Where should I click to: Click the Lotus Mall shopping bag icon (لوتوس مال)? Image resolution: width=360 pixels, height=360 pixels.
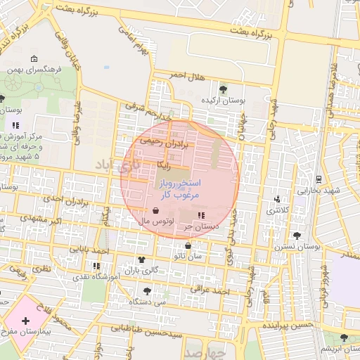(155, 210)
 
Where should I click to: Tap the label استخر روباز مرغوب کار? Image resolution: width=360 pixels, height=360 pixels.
(182, 188)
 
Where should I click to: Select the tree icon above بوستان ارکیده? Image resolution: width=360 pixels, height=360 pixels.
(223, 89)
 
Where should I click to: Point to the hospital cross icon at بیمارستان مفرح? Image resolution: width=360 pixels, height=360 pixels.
(26, 321)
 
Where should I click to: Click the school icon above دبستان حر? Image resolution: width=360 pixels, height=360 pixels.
(201, 215)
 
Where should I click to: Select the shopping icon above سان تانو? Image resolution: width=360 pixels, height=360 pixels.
(188, 245)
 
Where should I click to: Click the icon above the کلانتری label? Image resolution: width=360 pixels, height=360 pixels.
(277, 200)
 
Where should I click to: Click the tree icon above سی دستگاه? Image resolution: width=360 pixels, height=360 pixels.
(146, 290)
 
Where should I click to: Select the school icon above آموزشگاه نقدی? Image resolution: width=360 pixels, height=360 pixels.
(96, 266)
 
